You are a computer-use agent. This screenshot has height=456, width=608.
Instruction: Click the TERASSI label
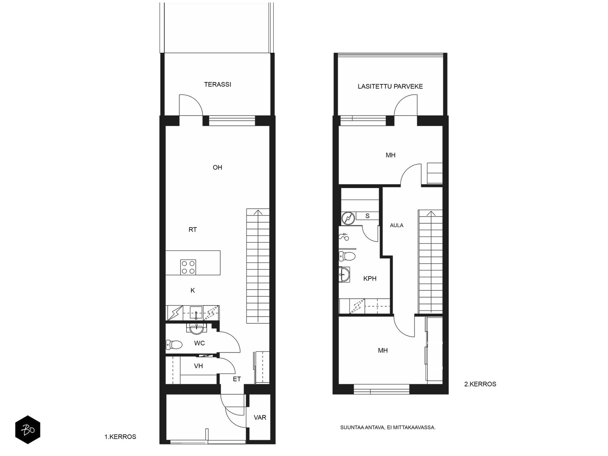[x=217, y=84]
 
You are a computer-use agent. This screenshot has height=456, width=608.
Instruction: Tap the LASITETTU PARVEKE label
[x=390, y=86]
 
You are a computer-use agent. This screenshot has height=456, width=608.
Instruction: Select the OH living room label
[x=217, y=167]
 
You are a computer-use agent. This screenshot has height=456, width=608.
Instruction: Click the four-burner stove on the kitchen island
[x=188, y=267]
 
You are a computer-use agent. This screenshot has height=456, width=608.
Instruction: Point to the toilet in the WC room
[x=174, y=345]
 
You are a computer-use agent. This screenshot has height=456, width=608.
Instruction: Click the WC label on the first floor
[x=199, y=343]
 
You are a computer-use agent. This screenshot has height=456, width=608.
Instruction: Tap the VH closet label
[x=198, y=366]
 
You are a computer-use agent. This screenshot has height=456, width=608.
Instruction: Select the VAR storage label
[x=260, y=417]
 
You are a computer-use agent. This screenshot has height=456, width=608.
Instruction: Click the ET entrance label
[x=237, y=379]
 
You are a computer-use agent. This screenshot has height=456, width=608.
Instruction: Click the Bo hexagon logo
[x=28, y=430]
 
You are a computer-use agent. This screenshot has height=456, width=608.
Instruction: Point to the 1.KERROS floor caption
[x=120, y=437]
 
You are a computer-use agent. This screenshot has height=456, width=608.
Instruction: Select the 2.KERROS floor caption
[x=480, y=384]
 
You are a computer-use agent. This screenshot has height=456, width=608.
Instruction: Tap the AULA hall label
[x=396, y=225]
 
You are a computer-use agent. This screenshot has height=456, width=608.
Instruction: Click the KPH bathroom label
[x=370, y=279]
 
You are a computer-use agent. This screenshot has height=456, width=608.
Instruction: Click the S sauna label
[x=367, y=216]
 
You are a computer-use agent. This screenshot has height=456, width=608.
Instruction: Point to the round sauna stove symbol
[x=348, y=218]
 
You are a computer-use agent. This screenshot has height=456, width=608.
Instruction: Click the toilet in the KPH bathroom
[x=347, y=256]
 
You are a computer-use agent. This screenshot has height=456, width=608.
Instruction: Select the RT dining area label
[x=193, y=230]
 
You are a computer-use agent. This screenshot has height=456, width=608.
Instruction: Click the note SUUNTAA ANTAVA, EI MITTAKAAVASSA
[x=388, y=427]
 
